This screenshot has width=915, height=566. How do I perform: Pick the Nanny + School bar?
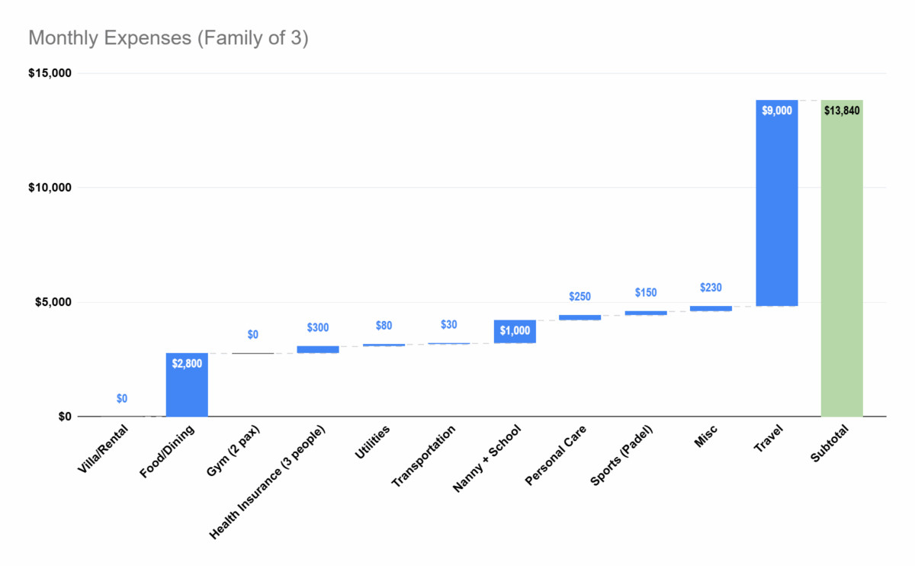[515, 332]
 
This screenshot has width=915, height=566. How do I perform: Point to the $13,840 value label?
[842, 111]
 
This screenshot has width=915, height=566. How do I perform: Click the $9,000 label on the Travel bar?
[776, 111]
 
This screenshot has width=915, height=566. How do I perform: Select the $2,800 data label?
[187, 363]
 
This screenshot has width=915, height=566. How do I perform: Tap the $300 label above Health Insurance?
[319, 327]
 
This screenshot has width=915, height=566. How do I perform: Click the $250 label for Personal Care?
[580, 296]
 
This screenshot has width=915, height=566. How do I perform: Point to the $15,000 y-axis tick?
[50, 73]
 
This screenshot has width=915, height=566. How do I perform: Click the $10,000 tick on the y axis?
[50, 188]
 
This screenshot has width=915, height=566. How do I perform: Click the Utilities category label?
[372, 442]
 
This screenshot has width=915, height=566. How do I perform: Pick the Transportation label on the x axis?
[424, 456]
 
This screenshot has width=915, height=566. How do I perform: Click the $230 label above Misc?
[711, 288]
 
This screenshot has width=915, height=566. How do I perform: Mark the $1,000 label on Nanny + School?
[515, 331]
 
